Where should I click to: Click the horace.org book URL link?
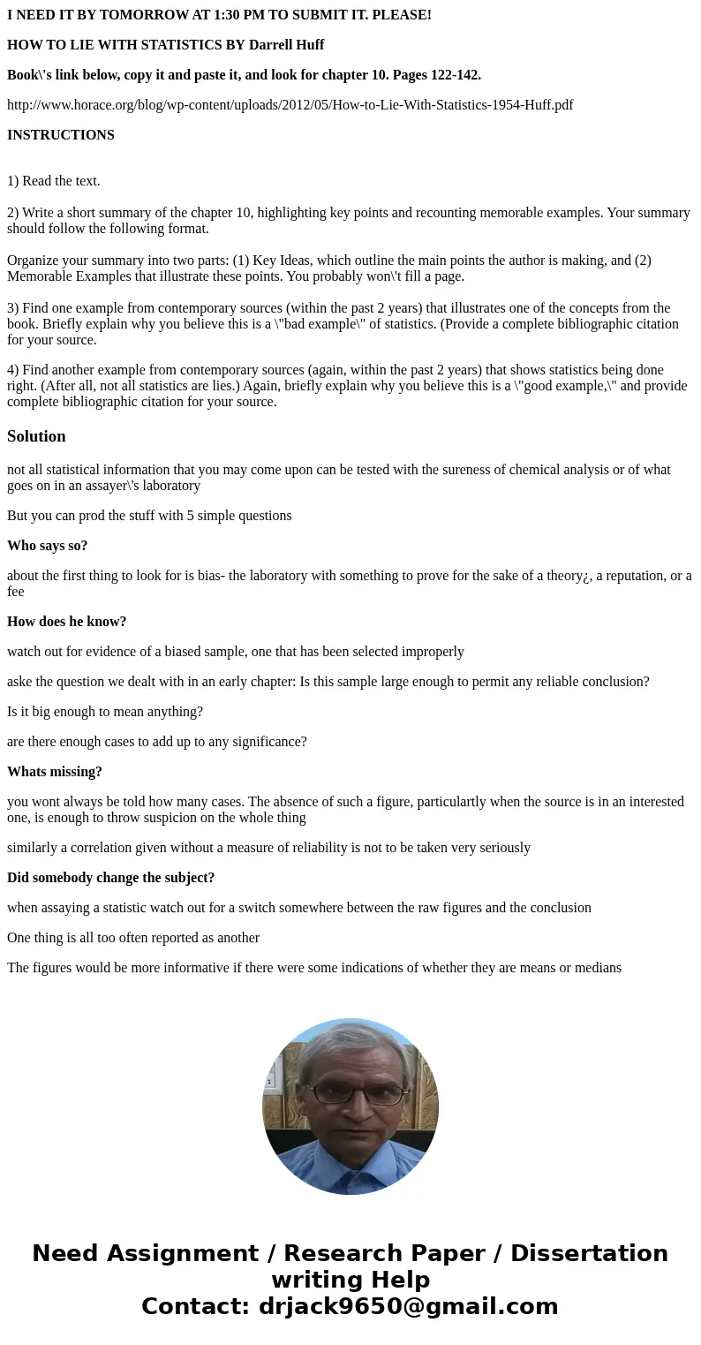pyautogui.click(x=290, y=105)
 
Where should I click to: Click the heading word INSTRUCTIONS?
pyautogui.click(x=61, y=135)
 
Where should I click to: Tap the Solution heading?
pyautogui.click(x=36, y=436)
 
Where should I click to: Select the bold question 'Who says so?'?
pyautogui.click(x=48, y=546)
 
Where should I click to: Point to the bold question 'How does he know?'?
pyautogui.click(x=67, y=622)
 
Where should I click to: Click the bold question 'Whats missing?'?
pyautogui.click(x=55, y=772)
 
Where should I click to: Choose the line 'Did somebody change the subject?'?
pyautogui.click(x=111, y=878)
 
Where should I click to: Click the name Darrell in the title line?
pyautogui.click(x=275, y=45)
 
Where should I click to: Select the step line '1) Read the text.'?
pyautogui.click(x=54, y=181)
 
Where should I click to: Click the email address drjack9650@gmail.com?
pyautogui.click(x=408, y=1306)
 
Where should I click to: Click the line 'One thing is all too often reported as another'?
pyautogui.click(x=133, y=938)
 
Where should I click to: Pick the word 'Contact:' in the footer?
pyautogui.click(x=196, y=1306)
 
